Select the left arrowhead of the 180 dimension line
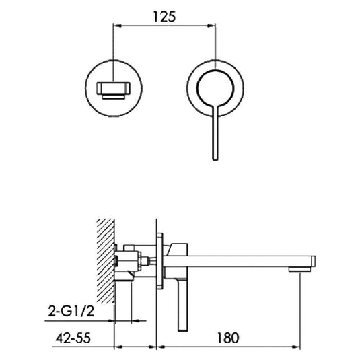tap(160, 348)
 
